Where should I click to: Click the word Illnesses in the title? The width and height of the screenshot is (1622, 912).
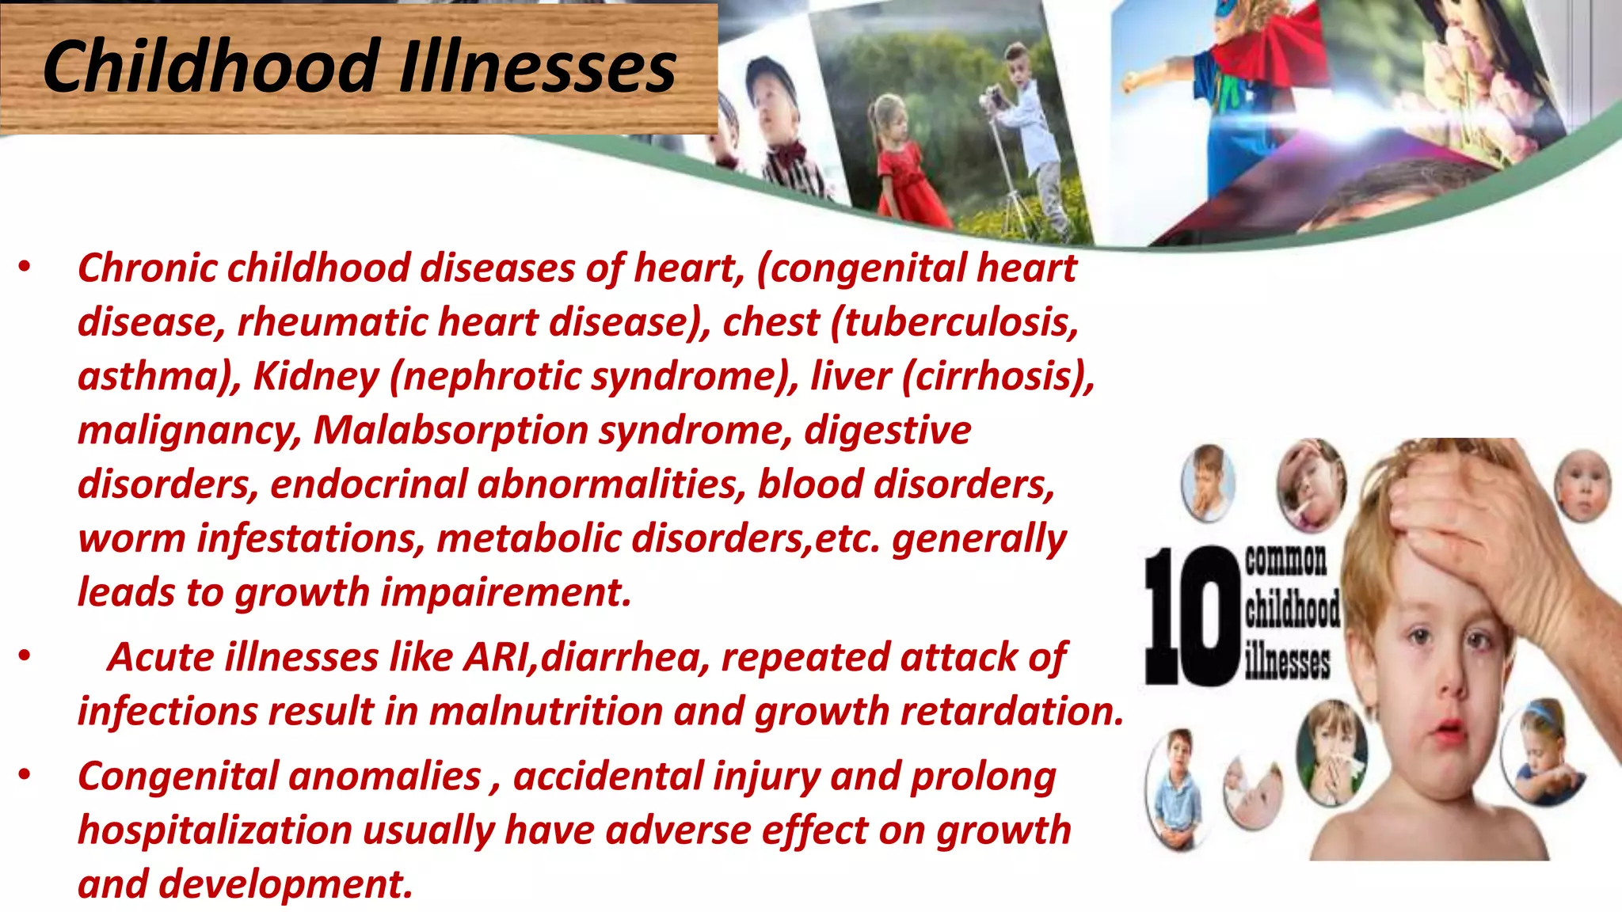(538, 66)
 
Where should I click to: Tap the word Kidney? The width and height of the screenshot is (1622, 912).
(316, 377)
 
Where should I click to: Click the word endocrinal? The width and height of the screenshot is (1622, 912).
(369, 484)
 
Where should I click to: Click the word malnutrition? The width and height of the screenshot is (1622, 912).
(546, 711)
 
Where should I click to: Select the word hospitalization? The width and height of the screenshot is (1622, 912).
(215, 830)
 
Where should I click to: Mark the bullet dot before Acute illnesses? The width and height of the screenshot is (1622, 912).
(25, 656)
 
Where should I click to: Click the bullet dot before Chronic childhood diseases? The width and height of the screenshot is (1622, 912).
(25, 267)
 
